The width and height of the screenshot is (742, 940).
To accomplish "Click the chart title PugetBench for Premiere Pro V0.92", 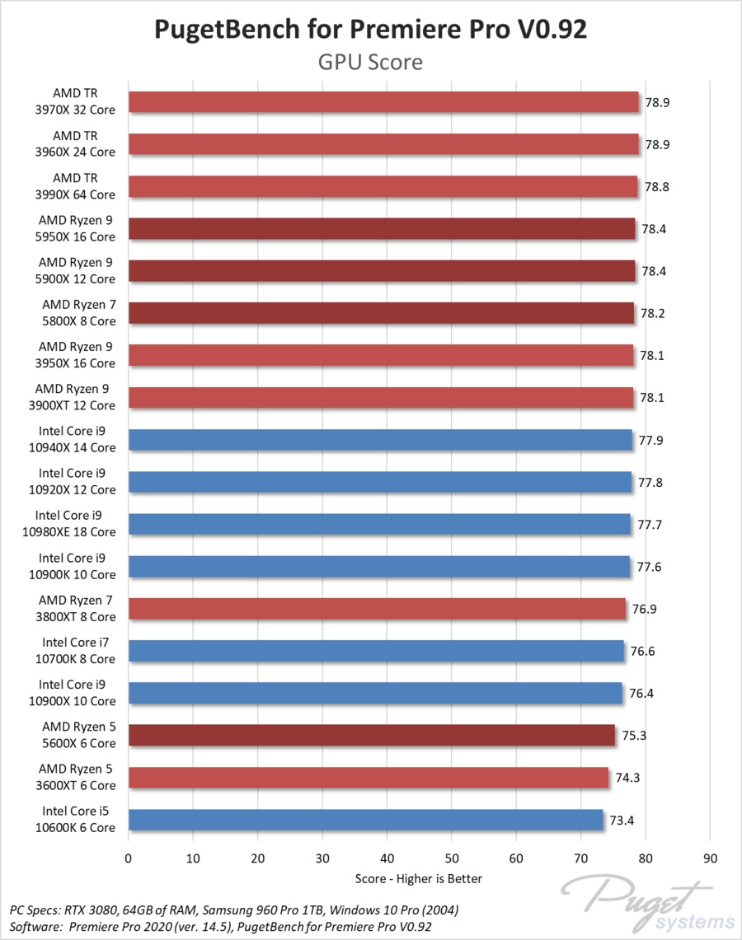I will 370,30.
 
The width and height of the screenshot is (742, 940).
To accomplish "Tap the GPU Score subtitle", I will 370,62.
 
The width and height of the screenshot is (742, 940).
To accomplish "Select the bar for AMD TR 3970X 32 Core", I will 383,102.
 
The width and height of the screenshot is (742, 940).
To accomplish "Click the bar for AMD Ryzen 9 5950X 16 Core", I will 382,229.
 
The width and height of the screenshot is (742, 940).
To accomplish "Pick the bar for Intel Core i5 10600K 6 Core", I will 366,821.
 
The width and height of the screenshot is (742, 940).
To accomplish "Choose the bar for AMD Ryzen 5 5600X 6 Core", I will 371,736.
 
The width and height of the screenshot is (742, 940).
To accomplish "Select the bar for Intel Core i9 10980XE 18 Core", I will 379,525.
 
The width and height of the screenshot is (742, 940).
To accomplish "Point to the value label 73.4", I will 621,821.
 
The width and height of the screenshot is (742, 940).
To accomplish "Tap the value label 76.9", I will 643,610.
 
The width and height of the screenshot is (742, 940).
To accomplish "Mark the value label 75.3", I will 632,736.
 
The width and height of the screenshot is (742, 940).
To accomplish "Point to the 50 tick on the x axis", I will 452,858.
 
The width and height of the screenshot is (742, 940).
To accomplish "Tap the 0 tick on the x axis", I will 128,858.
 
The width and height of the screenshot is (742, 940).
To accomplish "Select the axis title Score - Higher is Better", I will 419,878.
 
